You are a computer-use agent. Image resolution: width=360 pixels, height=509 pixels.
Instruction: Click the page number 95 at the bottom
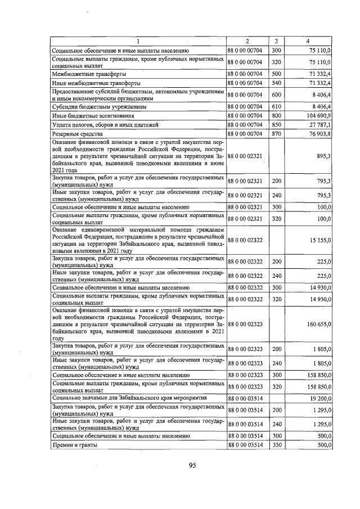(x=191, y=465)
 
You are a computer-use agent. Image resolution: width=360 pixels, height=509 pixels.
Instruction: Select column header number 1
(x=138, y=41)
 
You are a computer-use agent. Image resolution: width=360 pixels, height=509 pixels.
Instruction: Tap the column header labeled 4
(x=307, y=41)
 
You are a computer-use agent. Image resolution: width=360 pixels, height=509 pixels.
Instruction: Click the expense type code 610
(x=276, y=106)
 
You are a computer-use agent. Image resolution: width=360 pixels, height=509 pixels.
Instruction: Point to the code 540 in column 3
(x=276, y=83)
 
